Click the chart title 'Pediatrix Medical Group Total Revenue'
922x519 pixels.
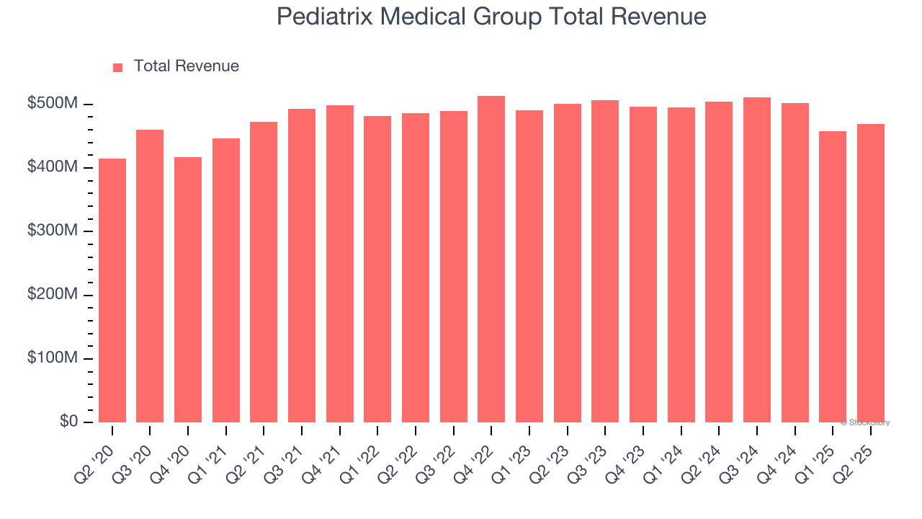[x=491, y=17]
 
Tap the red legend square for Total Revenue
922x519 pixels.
[x=118, y=67]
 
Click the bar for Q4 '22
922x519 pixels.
[x=491, y=259]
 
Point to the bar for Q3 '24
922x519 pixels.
[x=757, y=259]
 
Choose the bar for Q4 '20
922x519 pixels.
[x=188, y=289]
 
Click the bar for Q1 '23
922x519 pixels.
[x=529, y=266]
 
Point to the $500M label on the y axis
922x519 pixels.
[x=52, y=104]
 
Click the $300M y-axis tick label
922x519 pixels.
[x=52, y=231]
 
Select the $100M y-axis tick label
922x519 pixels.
[x=52, y=358]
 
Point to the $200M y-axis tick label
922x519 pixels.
[x=52, y=295]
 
